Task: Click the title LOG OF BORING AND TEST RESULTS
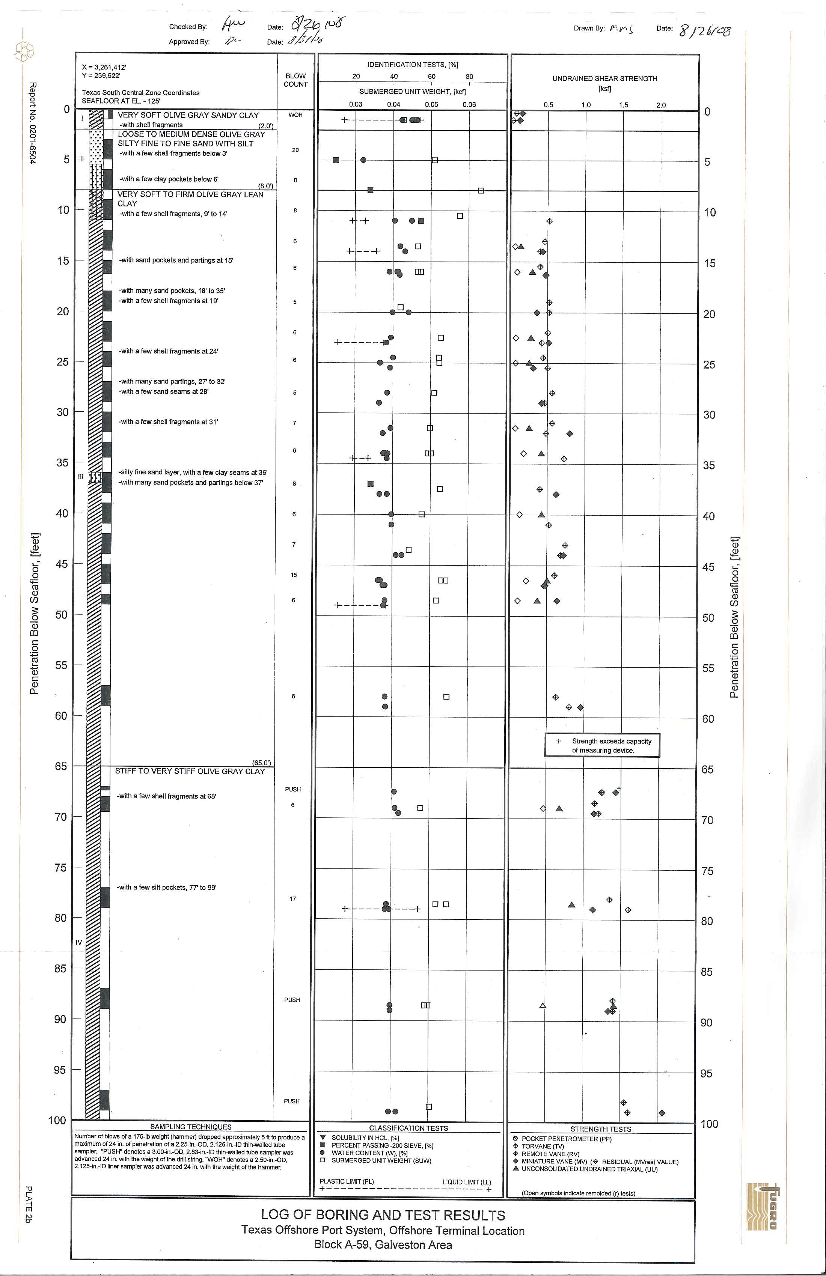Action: (x=383, y=1215)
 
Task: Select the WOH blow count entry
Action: (x=295, y=115)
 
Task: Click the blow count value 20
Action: (x=295, y=150)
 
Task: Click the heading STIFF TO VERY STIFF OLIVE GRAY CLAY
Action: (x=190, y=771)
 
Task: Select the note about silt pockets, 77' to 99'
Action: (x=167, y=887)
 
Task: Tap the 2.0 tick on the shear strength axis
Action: (x=660, y=105)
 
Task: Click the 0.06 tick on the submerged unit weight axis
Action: (x=469, y=105)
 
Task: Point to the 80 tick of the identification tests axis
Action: (x=469, y=77)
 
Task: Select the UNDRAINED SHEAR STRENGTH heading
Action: (x=604, y=79)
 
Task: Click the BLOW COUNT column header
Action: (x=295, y=80)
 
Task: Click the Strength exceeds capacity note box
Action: (x=602, y=745)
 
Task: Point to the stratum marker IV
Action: (x=79, y=942)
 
